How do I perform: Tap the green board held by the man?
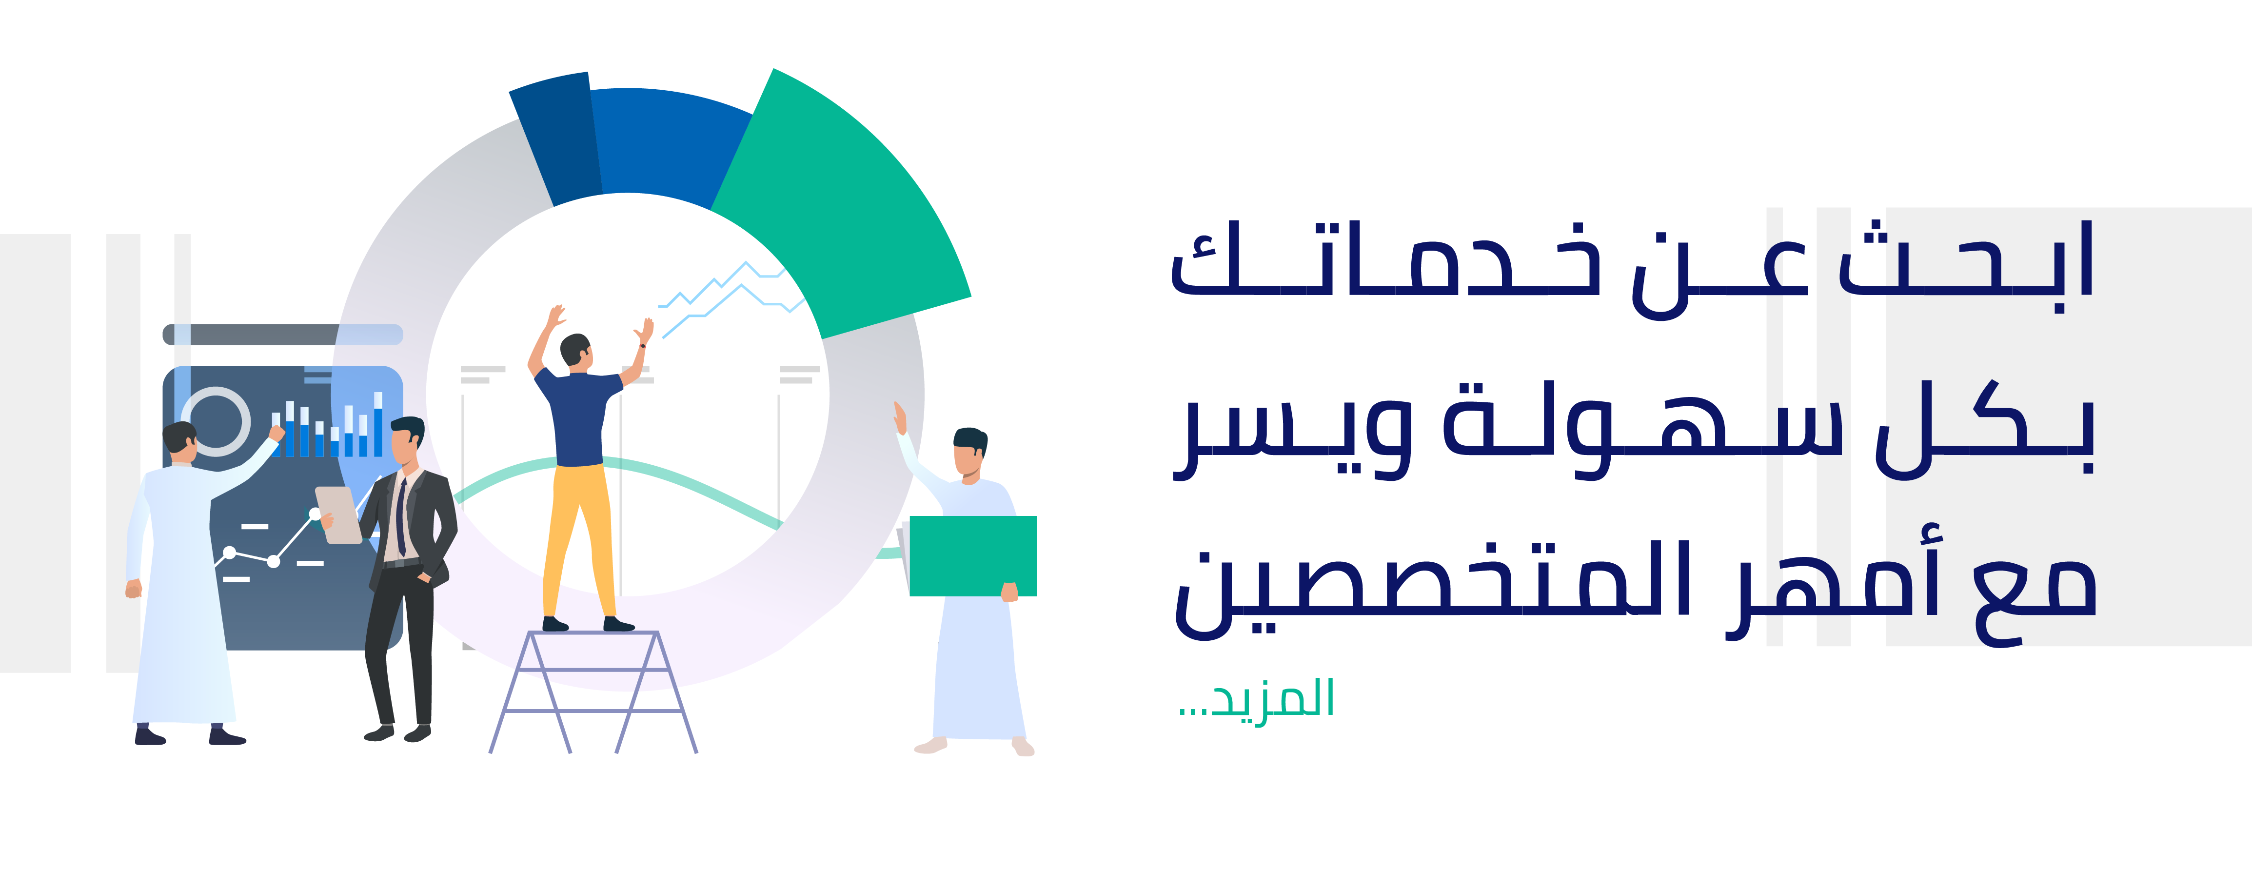(973, 556)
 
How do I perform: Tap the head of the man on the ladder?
(576, 352)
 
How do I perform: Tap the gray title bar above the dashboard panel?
(282, 334)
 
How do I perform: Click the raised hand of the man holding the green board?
(900, 418)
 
